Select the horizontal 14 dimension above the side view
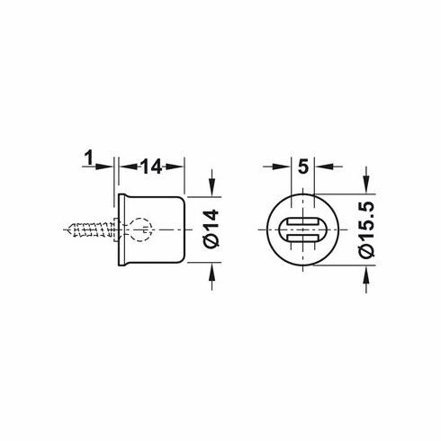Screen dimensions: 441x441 click(x=150, y=166)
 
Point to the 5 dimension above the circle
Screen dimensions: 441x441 click(x=302, y=166)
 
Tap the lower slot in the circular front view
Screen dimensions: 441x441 click(x=303, y=238)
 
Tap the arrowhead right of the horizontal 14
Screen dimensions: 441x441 click(x=177, y=166)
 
